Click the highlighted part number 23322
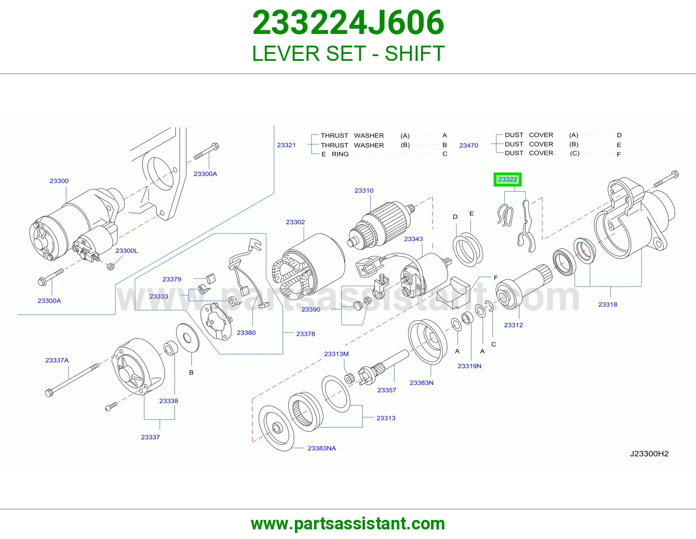tap(507, 180)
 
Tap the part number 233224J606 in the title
tap(348, 23)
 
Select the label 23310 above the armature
tap(364, 190)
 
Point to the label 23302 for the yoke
tap(295, 222)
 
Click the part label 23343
tap(413, 239)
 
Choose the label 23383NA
tap(321, 448)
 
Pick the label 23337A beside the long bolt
tap(57, 360)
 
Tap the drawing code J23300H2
tap(649, 453)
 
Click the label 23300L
tap(127, 251)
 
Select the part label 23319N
tap(469, 366)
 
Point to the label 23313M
tap(336, 354)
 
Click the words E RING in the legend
tap(335, 154)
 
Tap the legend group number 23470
tap(468, 145)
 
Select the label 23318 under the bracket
tap(608, 304)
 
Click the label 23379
tap(172, 279)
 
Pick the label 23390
tap(311, 309)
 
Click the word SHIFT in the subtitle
tap(415, 53)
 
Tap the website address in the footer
tap(348, 524)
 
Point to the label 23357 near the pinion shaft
tap(387, 390)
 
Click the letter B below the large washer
tap(191, 373)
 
